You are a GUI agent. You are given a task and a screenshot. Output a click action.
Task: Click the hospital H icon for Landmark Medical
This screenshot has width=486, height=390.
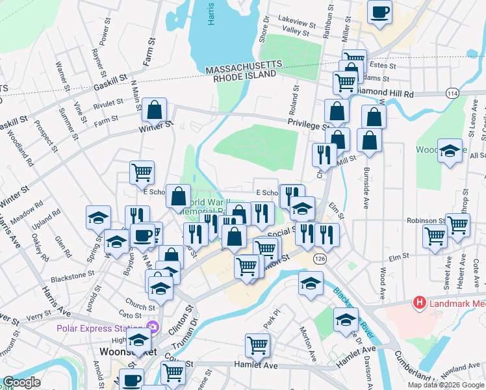pyautogui.click(x=420, y=303)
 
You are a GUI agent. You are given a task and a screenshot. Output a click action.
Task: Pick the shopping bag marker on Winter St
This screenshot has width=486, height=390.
pyautogui.click(x=155, y=110)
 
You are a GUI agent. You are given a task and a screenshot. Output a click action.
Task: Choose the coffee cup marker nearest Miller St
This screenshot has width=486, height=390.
pyautogui.click(x=379, y=11)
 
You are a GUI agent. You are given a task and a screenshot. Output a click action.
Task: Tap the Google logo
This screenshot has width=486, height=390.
pyautogui.click(x=21, y=382)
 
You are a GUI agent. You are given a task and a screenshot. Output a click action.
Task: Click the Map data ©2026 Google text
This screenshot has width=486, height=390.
pyautogui.click(x=446, y=385)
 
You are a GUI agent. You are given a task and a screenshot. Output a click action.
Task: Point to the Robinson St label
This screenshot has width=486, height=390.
pyautogui.click(x=425, y=221)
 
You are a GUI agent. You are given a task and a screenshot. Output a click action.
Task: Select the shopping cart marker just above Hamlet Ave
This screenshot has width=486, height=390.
pyautogui.click(x=258, y=345)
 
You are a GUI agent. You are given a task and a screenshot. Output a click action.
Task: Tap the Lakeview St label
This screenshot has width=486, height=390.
pyautogui.click(x=296, y=19)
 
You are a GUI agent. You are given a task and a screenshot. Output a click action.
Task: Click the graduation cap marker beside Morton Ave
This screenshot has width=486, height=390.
pyautogui.click(x=311, y=283)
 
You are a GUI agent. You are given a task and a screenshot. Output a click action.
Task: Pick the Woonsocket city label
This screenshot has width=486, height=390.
pyautogui.click(x=117, y=352)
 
